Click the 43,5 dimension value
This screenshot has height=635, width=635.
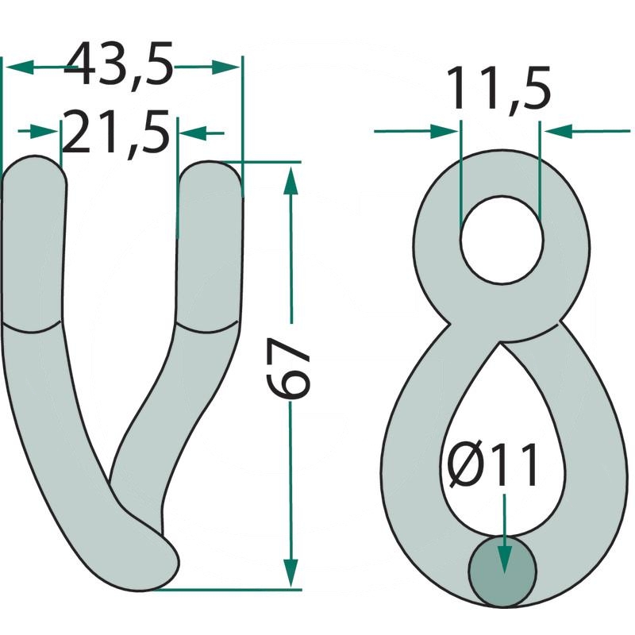click(118, 63)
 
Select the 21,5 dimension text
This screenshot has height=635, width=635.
click(115, 132)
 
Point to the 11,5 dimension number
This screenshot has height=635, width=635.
click(499, 88)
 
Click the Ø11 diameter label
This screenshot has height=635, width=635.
click(494, 464)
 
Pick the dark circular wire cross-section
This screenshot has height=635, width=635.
click(502, 571)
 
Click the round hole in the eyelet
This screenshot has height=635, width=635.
click(502, 241)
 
